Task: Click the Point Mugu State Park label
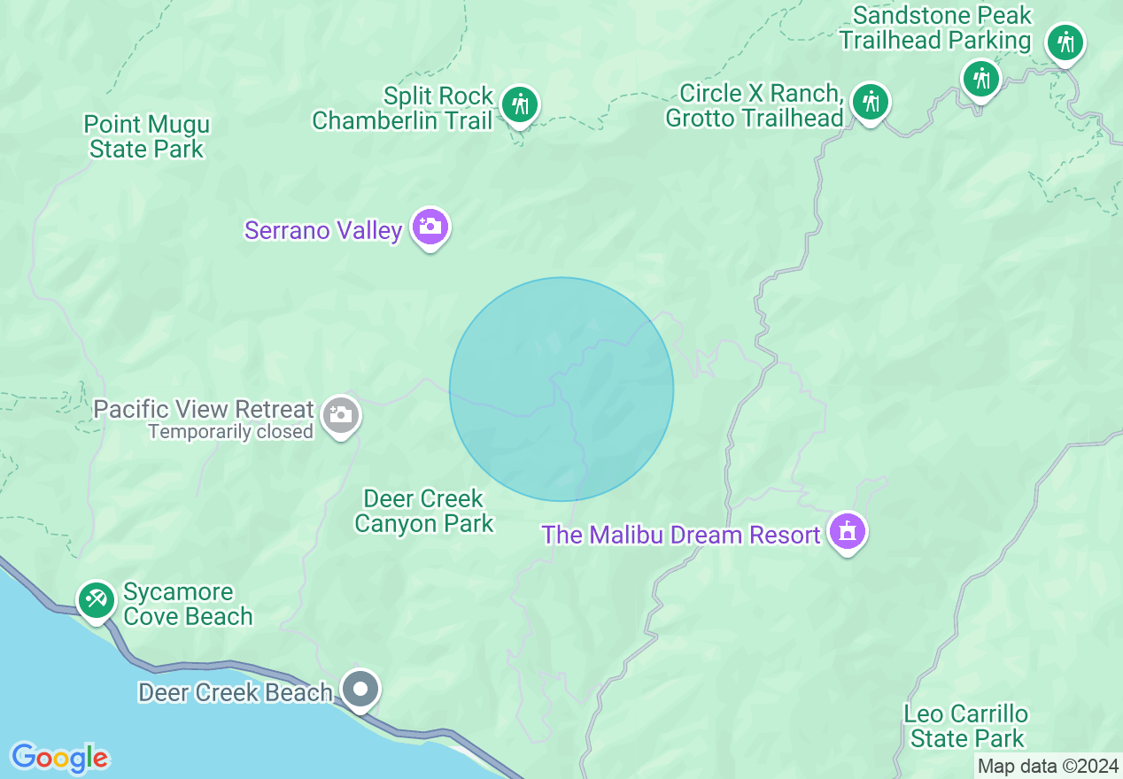tap(146, 136)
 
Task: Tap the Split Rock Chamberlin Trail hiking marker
tap(519, 104)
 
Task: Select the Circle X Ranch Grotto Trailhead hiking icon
tap(871, 102)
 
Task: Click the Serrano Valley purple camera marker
tap(430, 227)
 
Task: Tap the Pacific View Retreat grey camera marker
tap(340, 414)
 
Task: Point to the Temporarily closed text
tap(230, 432)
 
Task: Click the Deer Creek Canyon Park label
tap(423, 511)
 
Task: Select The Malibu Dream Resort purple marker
tap(848, 531)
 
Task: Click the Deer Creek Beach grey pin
tap(360, 688)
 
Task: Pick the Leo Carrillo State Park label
tap(966, 726)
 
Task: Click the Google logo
tap(59, 758)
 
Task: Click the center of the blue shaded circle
tap(561, 389)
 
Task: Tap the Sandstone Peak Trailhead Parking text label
tap(935, 28)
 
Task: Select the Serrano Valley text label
tap(323, 231)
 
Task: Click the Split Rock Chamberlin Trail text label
tap(401, 108)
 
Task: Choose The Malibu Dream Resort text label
tap(681, 536)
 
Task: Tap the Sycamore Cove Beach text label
tap(188, 604)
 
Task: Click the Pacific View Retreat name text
tap(204, 410)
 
